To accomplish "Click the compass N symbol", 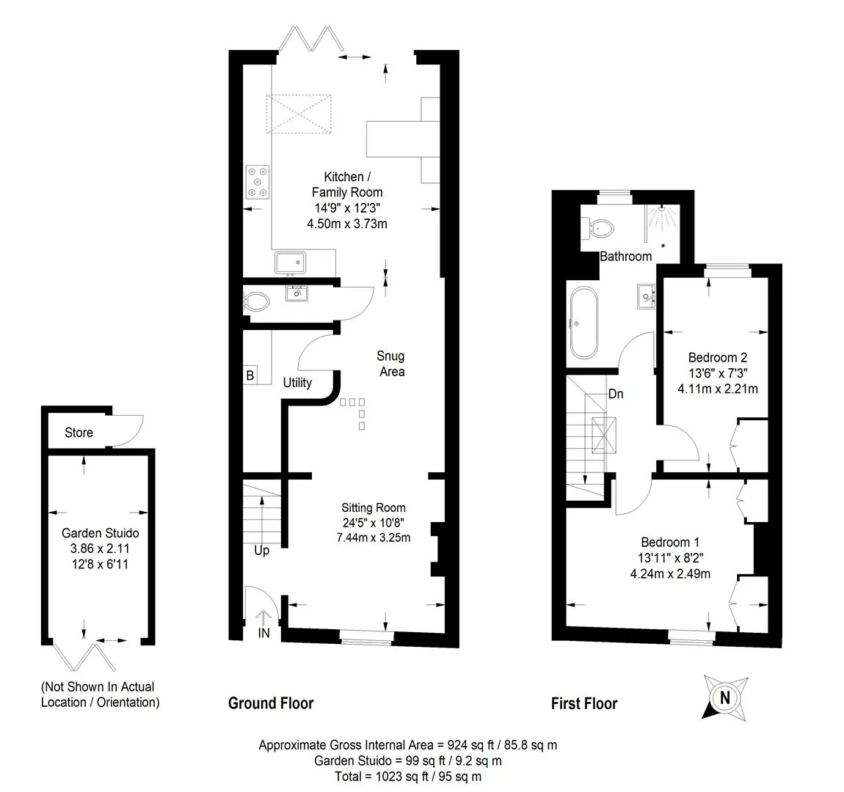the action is click(725, 698).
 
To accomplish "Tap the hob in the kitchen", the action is click(258, 182).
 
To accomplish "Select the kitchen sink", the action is click(291, 263).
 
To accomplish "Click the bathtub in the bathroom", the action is click(583, 323).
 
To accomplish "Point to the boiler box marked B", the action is click(250, 375).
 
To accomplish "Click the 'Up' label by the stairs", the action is click(261, 551).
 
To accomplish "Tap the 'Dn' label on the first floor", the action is click(616, 394).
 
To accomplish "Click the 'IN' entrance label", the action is click(263, 634).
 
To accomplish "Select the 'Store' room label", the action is click(79, 433).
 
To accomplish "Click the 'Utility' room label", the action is click(298, 383).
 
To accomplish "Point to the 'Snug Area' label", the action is click(391, 364).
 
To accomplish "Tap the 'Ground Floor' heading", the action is click(271, 703).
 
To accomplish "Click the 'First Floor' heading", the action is click(584, 703).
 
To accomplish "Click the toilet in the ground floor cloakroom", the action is click(256, 301).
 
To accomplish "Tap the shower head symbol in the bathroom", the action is click(661, 219).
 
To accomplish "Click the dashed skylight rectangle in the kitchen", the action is click(299, 114).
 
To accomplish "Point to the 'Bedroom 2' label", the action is click(718, 358).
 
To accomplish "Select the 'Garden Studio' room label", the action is click(100, 533).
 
